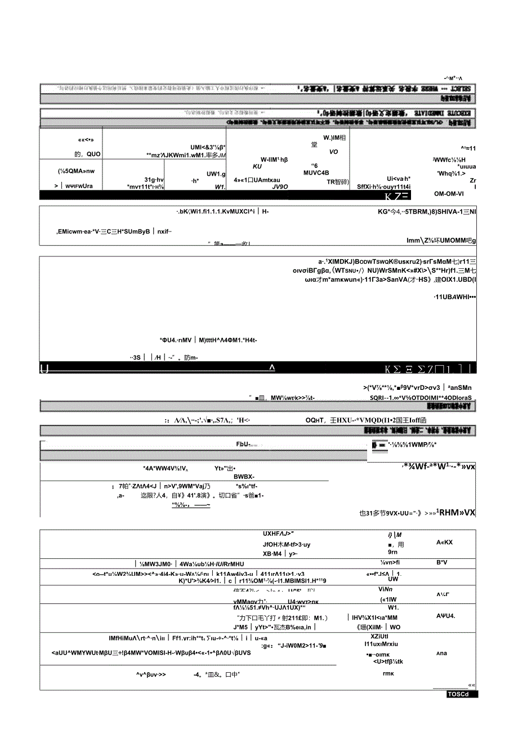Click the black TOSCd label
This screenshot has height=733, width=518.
point(462,694)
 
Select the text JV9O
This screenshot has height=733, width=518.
point(280,186)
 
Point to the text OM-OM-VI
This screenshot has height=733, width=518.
point(449,194)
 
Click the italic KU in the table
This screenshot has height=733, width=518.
point(258,166)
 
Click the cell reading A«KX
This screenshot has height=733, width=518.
point(444,542)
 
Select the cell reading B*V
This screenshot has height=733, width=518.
point(441,562)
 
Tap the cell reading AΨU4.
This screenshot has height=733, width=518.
point(445,615)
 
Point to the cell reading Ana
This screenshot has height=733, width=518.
point(441,654)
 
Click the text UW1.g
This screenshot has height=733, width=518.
point(216,174)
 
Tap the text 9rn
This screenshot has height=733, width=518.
point(393,552)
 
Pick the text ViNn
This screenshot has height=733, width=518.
point(393,588)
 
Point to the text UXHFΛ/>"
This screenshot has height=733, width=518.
point(279,534)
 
